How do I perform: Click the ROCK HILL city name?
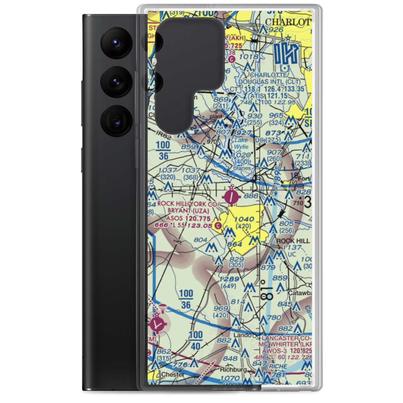pos(293,241)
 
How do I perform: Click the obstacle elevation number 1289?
pos(231,279)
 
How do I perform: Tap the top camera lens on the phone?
pos(114,42)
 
